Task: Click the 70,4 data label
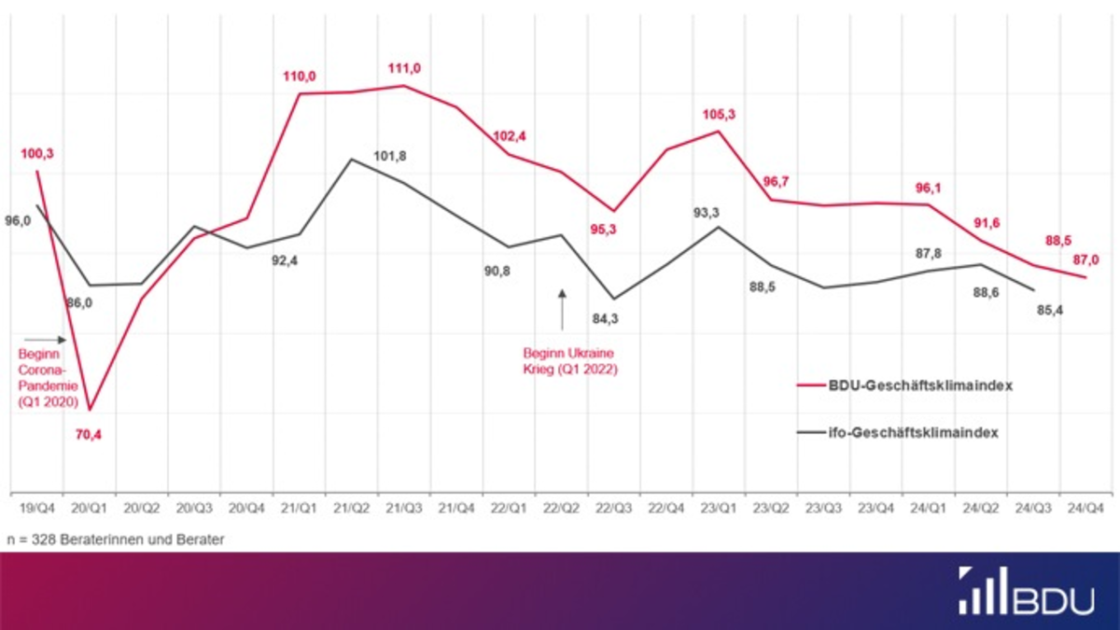pyautogui.click(x=90, y=434)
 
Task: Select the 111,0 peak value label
pyautogui.click(x=404, y=68)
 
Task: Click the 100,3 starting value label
pyautogui.click(x=37, y=153)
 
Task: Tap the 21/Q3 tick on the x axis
pyautogui.click(x=404, y=508)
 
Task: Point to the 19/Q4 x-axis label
pyautogui.click(x=37, y=508)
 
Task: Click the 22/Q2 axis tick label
pyautogui.click(x=561, y=508)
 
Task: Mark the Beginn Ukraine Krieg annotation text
pyautogui.click(x=569, y=361)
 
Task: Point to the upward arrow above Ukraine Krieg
pyautogui.click(x=562, y=309)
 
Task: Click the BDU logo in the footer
pyautogui.click(x=1027, y=591)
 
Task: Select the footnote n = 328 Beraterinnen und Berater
pyautogui.click(x=115, y=539)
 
